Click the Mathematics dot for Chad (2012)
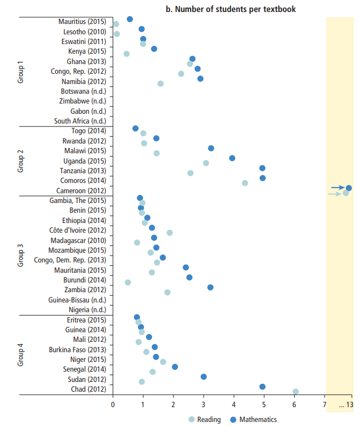[263, 387]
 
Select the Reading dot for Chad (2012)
[295, 392]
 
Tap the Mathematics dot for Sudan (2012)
[204, 377]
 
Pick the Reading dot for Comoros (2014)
[245, 183]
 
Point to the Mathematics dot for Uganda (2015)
[232, 158]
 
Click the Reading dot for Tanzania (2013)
[190, 173]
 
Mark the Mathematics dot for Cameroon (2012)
[349, 188]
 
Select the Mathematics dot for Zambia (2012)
[211, 287]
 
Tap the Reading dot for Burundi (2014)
[128, 282]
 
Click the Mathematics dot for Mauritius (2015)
[130, 19]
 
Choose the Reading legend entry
[204, 420]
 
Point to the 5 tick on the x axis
[264, 405]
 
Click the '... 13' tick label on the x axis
[345, 405]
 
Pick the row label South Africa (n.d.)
[80, 121]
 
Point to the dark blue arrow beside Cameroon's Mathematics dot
[338, 188]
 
